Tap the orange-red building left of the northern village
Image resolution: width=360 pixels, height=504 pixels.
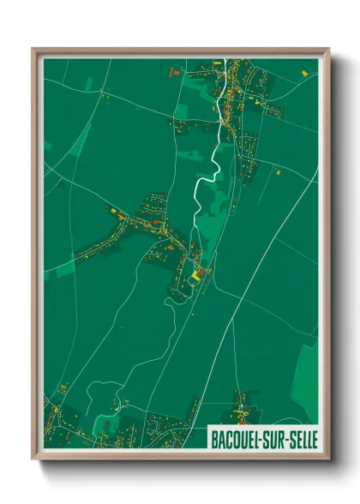click(169, 75)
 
